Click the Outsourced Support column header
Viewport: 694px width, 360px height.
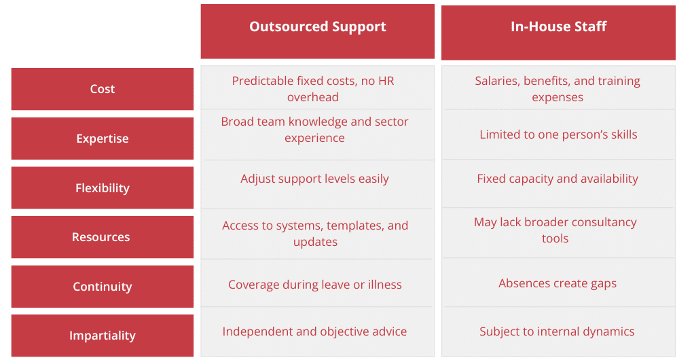tap(317, 31)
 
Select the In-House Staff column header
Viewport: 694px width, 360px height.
tap(558, 33)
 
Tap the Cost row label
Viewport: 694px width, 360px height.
tap(103, 89)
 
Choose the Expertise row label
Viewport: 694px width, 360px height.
tap(103, 139)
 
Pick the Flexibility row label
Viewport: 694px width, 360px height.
tap(103, 187)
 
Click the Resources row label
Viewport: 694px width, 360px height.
tap(103, 237)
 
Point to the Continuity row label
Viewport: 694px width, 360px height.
tap(103, 287)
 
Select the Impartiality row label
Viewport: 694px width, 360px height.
tap(103, 336)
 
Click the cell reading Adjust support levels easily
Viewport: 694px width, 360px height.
tap(314, 179)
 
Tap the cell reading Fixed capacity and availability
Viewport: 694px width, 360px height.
tap(558, 179)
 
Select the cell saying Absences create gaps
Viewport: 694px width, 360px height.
tap(558, 283)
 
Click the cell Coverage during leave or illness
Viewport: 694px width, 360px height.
tap(315, 285)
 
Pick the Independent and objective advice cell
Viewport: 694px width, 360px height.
tap(314, 331)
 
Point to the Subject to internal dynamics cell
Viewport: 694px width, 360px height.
tap(558, 331)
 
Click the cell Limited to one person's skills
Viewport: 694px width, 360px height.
tap(559, 134)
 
